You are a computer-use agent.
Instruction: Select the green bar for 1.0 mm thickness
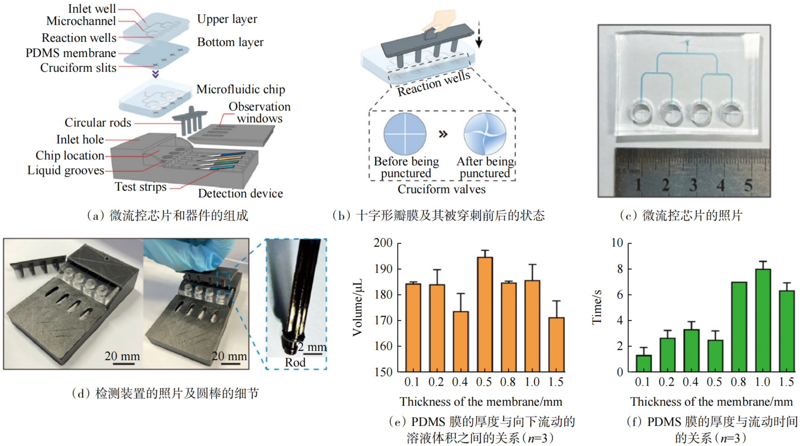pos(763,320)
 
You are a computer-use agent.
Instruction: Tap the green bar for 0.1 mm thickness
pos(643,363)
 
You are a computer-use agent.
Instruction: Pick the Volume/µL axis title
pos(358,307)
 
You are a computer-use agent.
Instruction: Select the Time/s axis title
pos(597,307)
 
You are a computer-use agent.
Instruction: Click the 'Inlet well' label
pos(92,9)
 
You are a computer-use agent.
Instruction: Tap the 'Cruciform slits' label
pos(78,68)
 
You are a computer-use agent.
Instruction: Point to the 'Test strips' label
pos(141,187)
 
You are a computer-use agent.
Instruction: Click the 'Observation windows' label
pos(260,112)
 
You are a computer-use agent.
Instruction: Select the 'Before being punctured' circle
pos(405,134)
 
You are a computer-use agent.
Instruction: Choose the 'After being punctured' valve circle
pos(485,134)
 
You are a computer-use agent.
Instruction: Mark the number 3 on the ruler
pos(693,185)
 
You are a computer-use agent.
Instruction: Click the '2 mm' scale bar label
pos(312,347)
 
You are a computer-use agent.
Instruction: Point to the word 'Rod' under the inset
pos(295,362)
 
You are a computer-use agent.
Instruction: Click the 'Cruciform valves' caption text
pos(441,189)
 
